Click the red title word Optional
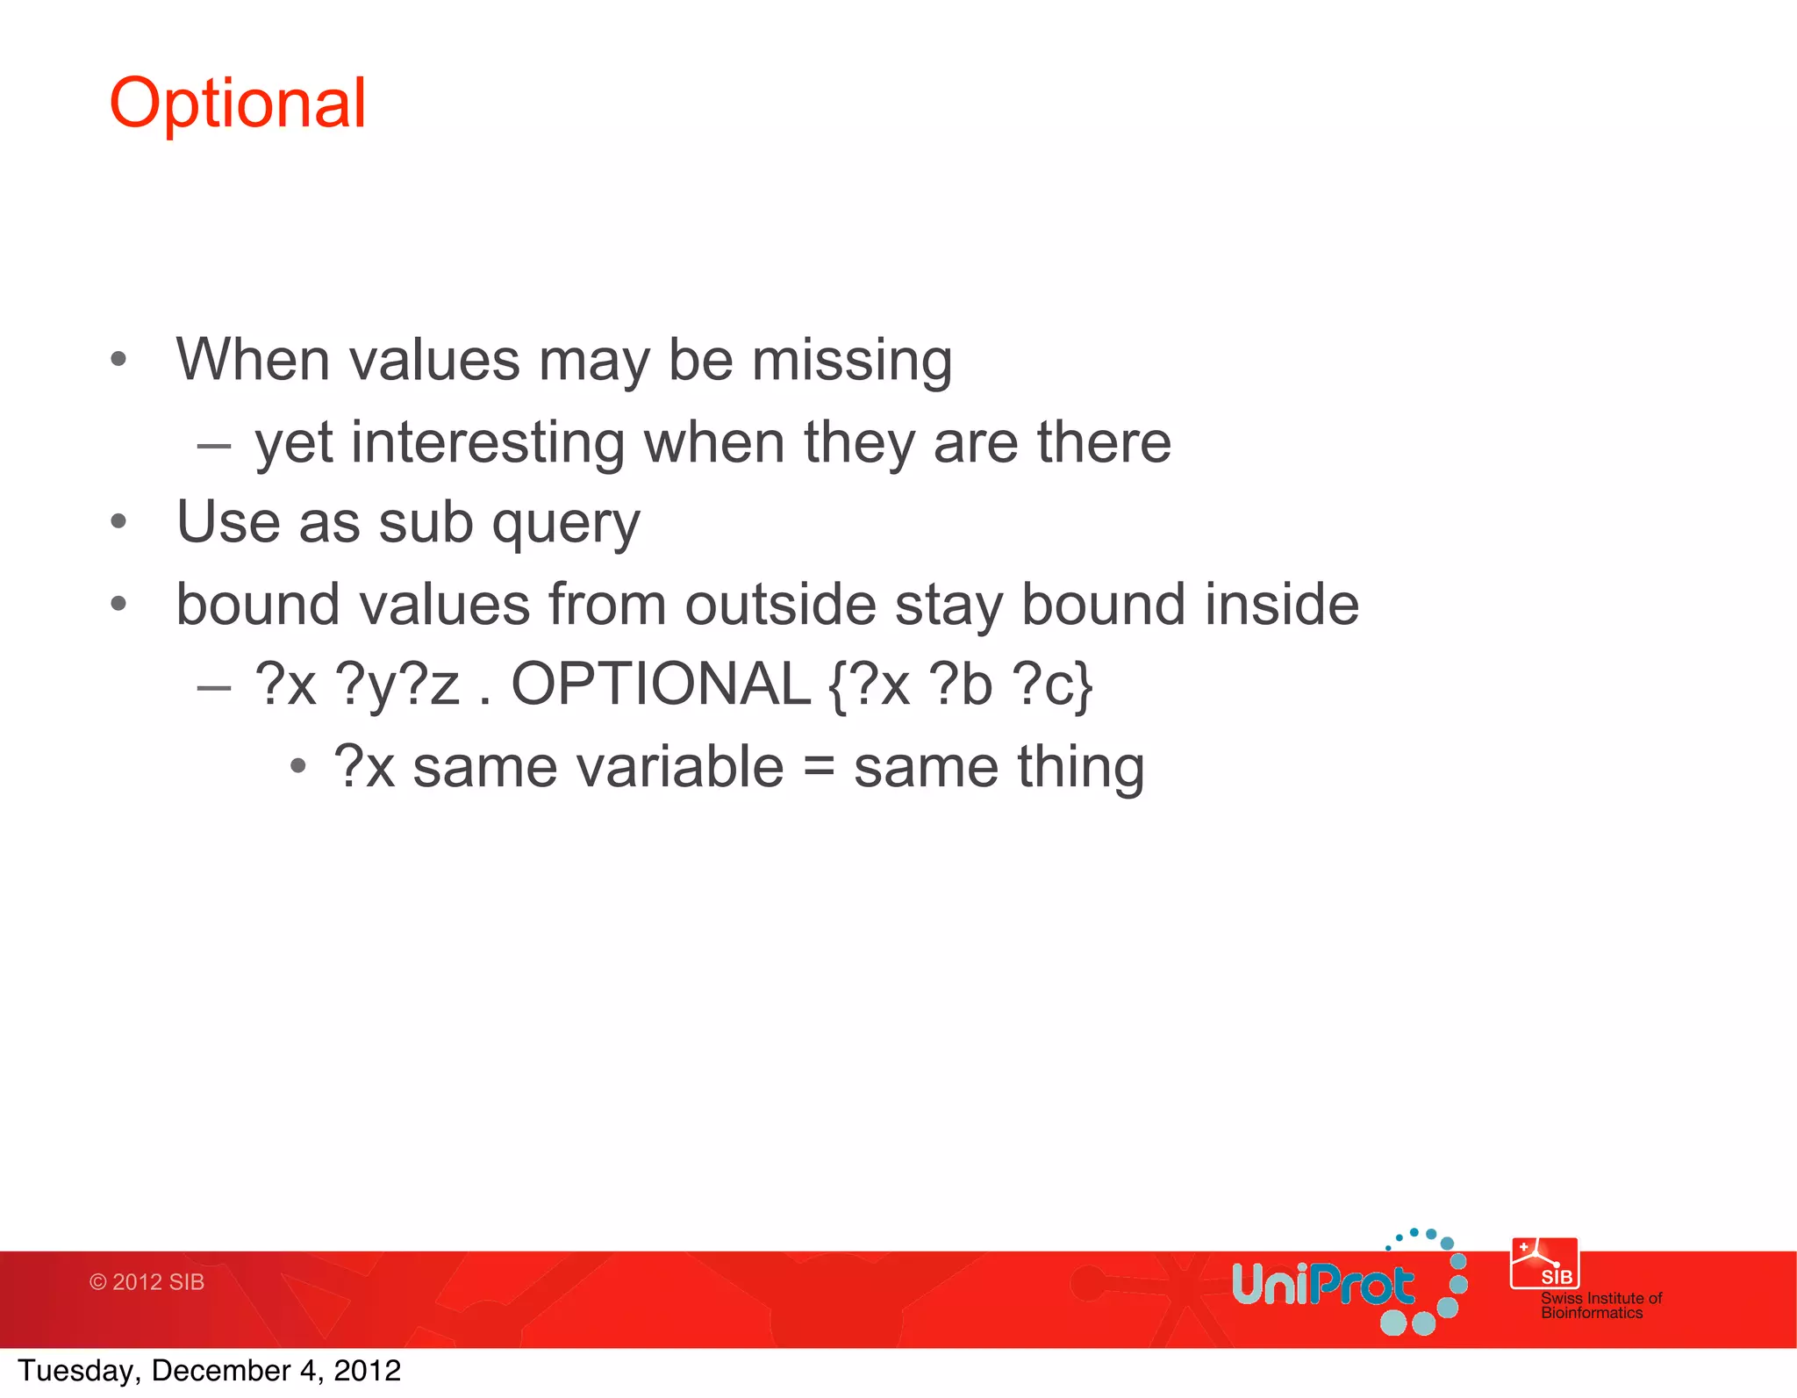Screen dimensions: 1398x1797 click(x=237, y=104)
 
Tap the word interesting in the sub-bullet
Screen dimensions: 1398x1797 click(x=487, y=442)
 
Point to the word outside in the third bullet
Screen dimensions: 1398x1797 click(x=780, y=605)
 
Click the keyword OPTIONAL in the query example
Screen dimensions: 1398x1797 click(x=661, y=685)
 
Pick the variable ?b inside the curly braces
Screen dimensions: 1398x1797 click(x=963, y=685)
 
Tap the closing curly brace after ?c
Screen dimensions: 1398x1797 click(x=1084, y=686)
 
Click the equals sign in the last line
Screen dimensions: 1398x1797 click(x=818, y=767)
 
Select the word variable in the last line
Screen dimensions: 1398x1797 click(x=598, y=767)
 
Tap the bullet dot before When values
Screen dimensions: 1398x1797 click(x=118, y=359)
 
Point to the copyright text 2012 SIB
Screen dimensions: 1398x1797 click(x=147, y=1282)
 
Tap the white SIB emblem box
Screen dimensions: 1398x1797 click(x=1544, y=1264)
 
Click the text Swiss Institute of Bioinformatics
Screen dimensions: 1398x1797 click(x=1600, y=1305)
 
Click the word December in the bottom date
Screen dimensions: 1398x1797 click(x=220, y=1371)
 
